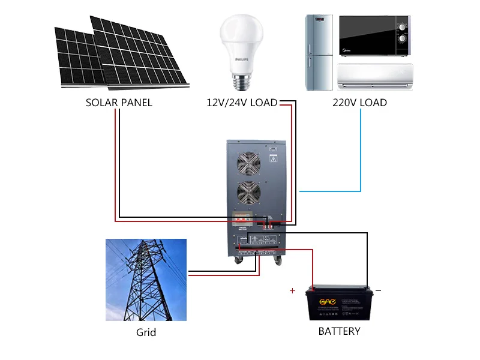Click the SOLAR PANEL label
coord(119,103)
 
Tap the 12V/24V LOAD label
coord(242,103)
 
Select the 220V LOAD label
coord(359,103)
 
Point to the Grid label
coord(146,332)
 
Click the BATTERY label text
coord(339,331)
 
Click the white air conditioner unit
coord(376,76)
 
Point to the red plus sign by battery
coord(292,291)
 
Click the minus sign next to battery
coord(378,291)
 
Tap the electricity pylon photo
coord(146,280)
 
